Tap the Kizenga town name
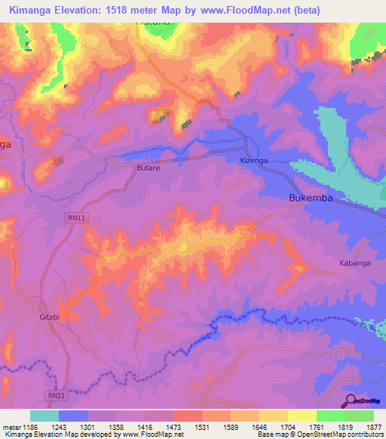coord(253,161)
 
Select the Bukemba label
coord(311,198)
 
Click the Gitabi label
coord(49,317)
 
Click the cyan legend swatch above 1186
coord(44,416)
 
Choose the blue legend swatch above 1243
coord(73,416)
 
